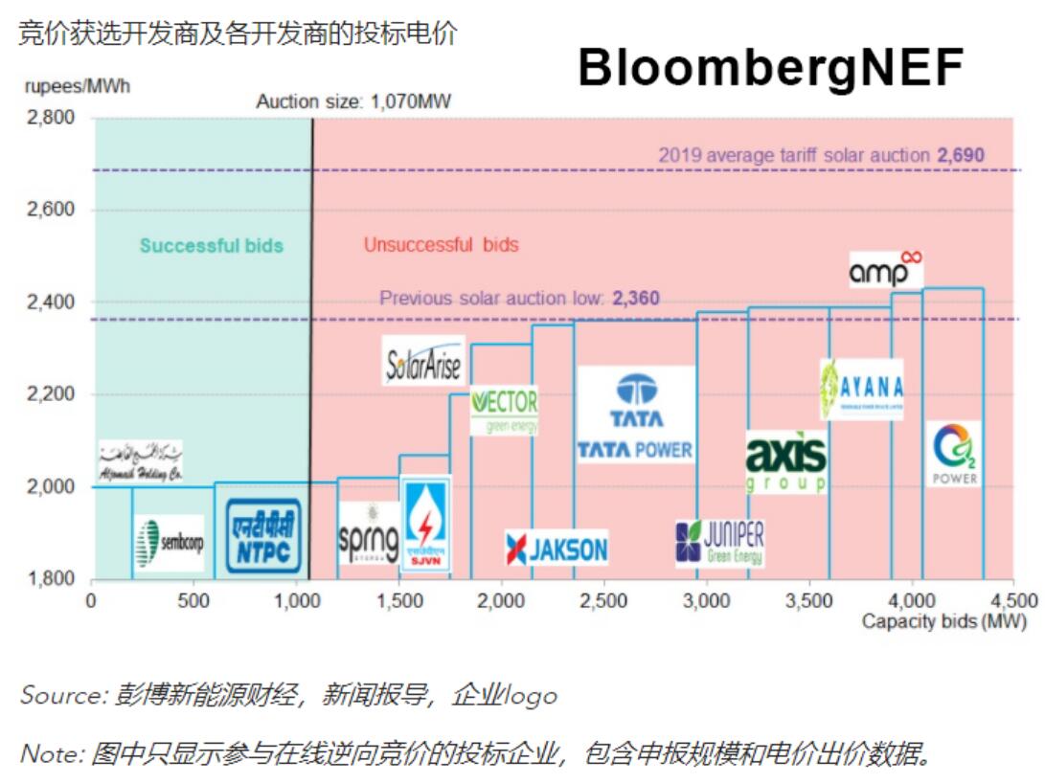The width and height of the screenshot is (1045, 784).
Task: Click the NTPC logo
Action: (263, 537)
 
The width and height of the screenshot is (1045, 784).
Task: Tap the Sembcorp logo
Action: (170, 543)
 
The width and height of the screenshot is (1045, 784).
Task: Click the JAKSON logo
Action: (557, 549)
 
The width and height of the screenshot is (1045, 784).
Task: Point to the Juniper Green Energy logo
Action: (719, 543)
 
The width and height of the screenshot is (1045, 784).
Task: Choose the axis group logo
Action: (785, 461)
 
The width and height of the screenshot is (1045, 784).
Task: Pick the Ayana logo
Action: (861, 389)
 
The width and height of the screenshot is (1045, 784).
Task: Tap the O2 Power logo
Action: (953, 454)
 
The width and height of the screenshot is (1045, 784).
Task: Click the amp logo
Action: (886, 270)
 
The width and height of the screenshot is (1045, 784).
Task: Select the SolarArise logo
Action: (423, 361)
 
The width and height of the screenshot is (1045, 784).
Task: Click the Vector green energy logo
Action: (505, 410)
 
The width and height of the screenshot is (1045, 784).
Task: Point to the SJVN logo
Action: (424, 525)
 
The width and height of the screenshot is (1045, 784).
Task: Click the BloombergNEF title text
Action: (771, 68)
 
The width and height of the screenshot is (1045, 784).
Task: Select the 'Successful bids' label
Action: (212, 245)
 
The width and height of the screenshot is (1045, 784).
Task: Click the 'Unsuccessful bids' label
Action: (441, 245)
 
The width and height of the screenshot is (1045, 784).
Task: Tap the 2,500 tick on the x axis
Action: (604, 601)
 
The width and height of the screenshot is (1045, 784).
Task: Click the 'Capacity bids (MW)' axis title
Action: (943, 622)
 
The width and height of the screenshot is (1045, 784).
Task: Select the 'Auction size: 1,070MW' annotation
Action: (353, 101)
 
